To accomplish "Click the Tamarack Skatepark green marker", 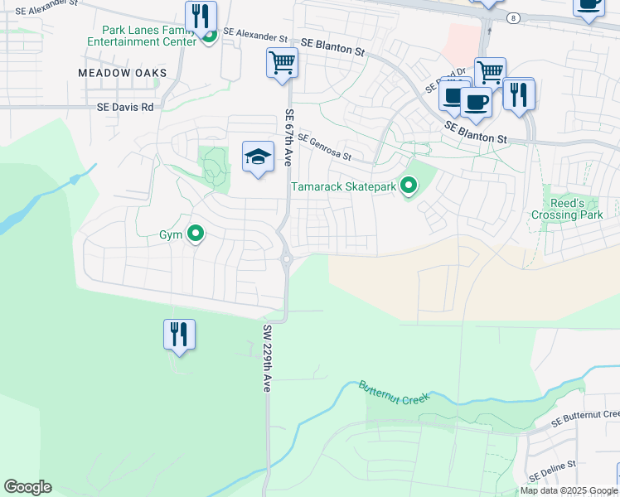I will point(408,186).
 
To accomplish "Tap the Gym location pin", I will point(196,234).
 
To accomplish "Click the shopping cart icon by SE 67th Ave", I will point(282,62).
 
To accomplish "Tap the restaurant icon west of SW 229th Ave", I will point(179,335).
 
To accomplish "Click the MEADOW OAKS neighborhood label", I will point(123,73).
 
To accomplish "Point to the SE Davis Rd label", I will point(125,107).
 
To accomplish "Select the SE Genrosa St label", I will point(324,147).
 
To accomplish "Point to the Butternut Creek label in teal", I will point(395,393).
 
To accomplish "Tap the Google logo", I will point(27,487).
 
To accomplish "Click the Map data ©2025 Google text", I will point(569,490).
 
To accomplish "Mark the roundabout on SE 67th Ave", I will point(288,259).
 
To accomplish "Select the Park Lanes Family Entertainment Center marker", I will point(208,35).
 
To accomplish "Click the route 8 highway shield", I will point(515,17).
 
